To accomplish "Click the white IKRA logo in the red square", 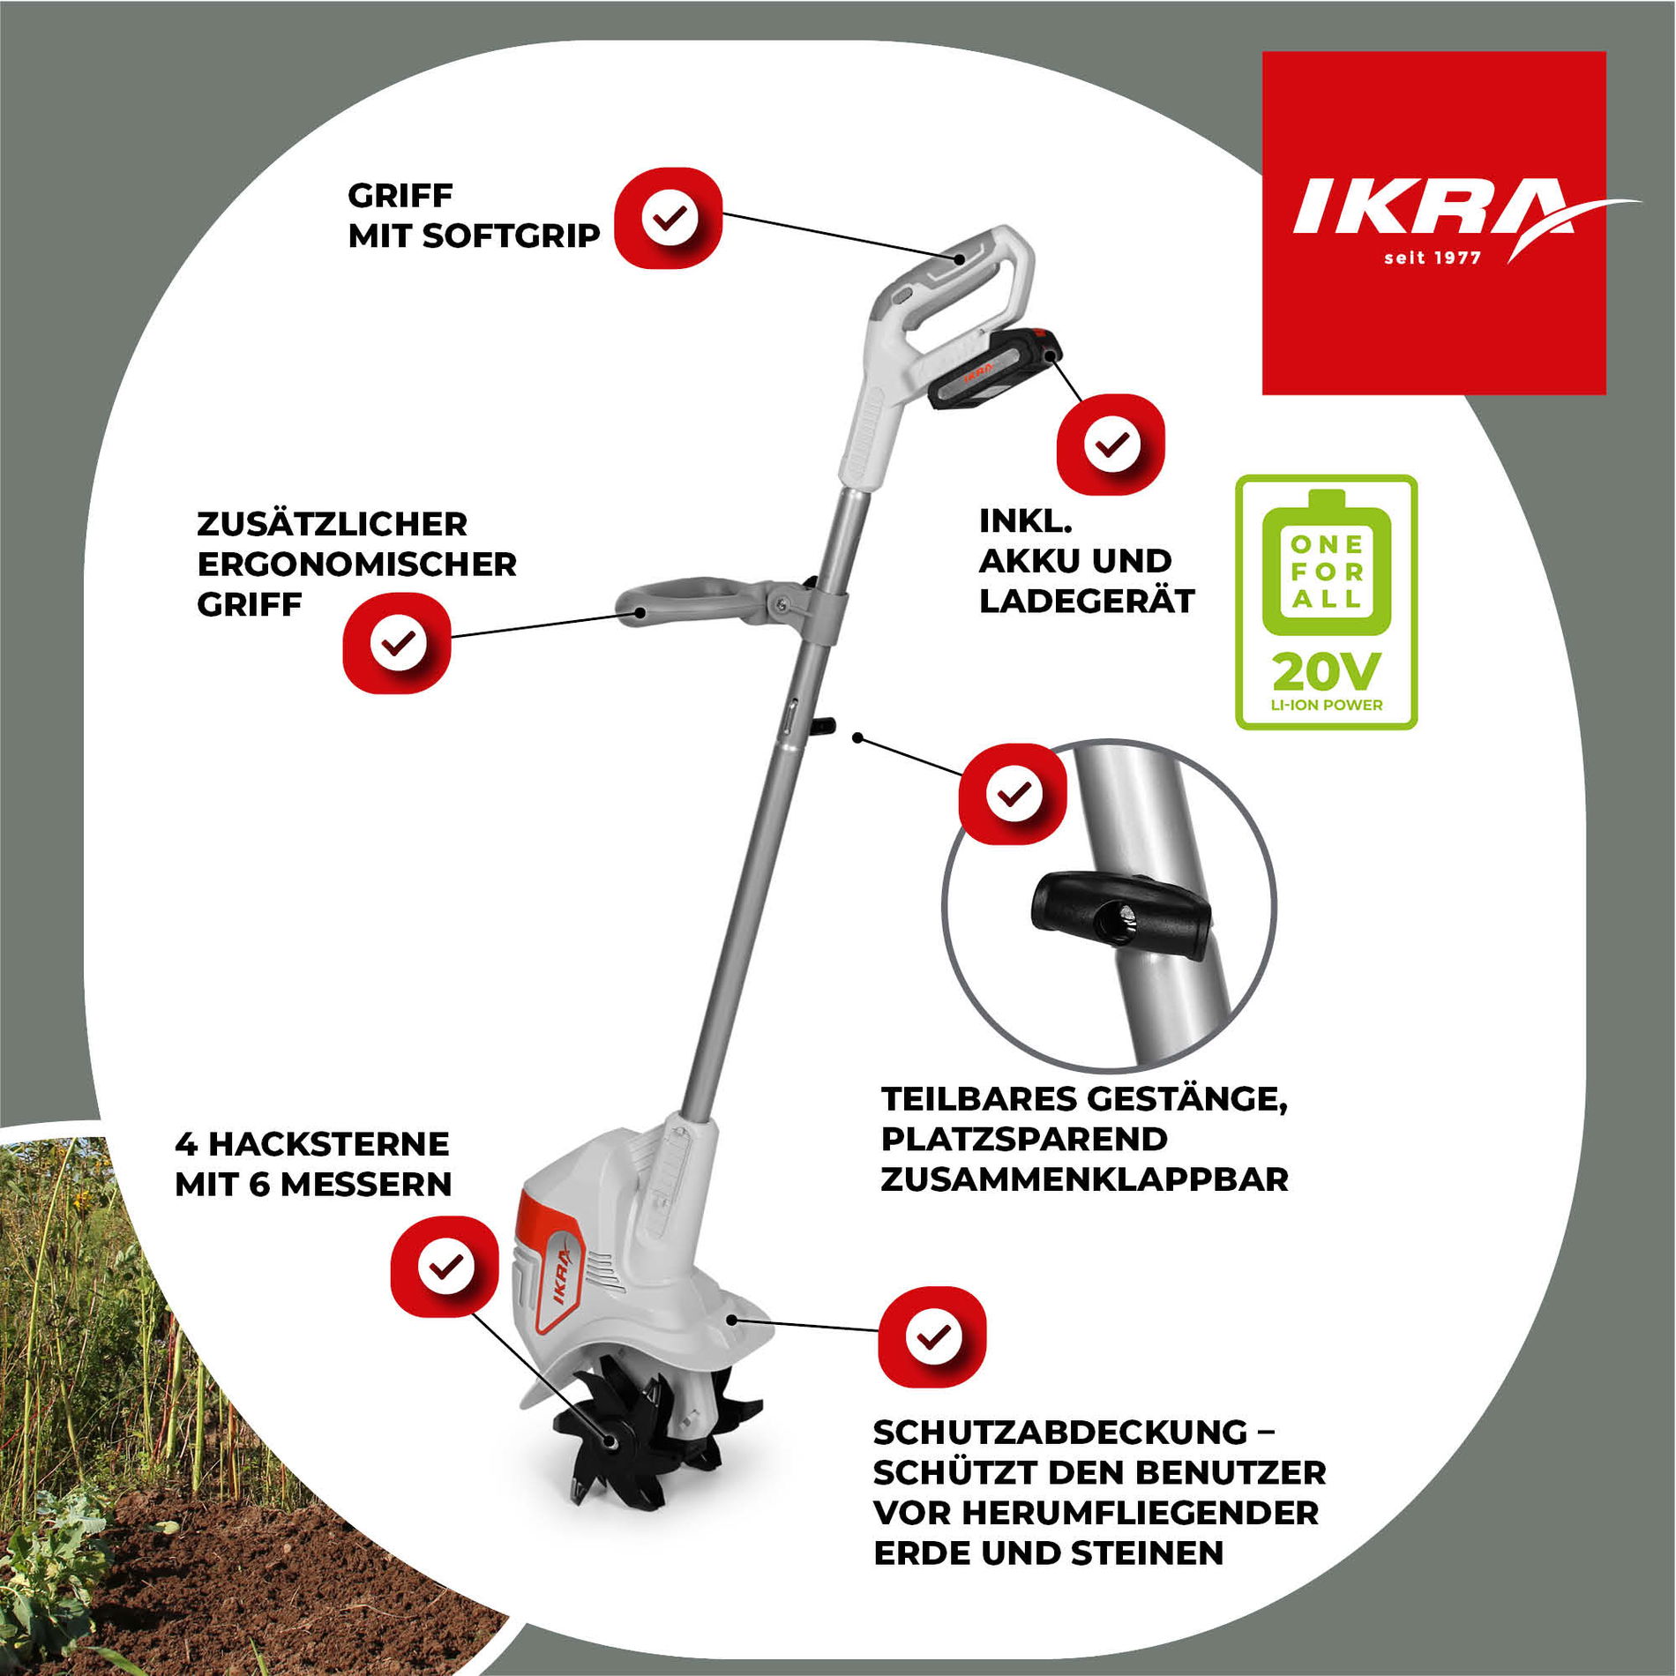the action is point(1447,212).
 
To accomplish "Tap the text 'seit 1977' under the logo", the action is point(1433,258).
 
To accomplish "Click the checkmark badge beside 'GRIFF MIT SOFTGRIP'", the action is point(668,218).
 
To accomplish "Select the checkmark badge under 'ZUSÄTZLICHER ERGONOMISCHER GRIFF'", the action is point(397,642).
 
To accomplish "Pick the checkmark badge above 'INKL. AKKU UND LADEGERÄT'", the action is point(1111,444).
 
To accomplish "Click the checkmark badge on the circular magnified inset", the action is point(1013,794).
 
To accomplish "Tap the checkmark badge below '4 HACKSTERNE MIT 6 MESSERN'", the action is point(445,1267).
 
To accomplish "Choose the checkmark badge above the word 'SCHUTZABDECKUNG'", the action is point(932,1337).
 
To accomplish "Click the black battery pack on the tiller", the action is point(994,368).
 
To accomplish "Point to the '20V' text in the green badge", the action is point(1326,672).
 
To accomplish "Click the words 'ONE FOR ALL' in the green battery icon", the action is point(1327,572).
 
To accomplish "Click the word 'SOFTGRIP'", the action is point(511,236).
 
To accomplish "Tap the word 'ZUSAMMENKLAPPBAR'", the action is point(1084,1179).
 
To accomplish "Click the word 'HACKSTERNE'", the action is point(329,1144).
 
